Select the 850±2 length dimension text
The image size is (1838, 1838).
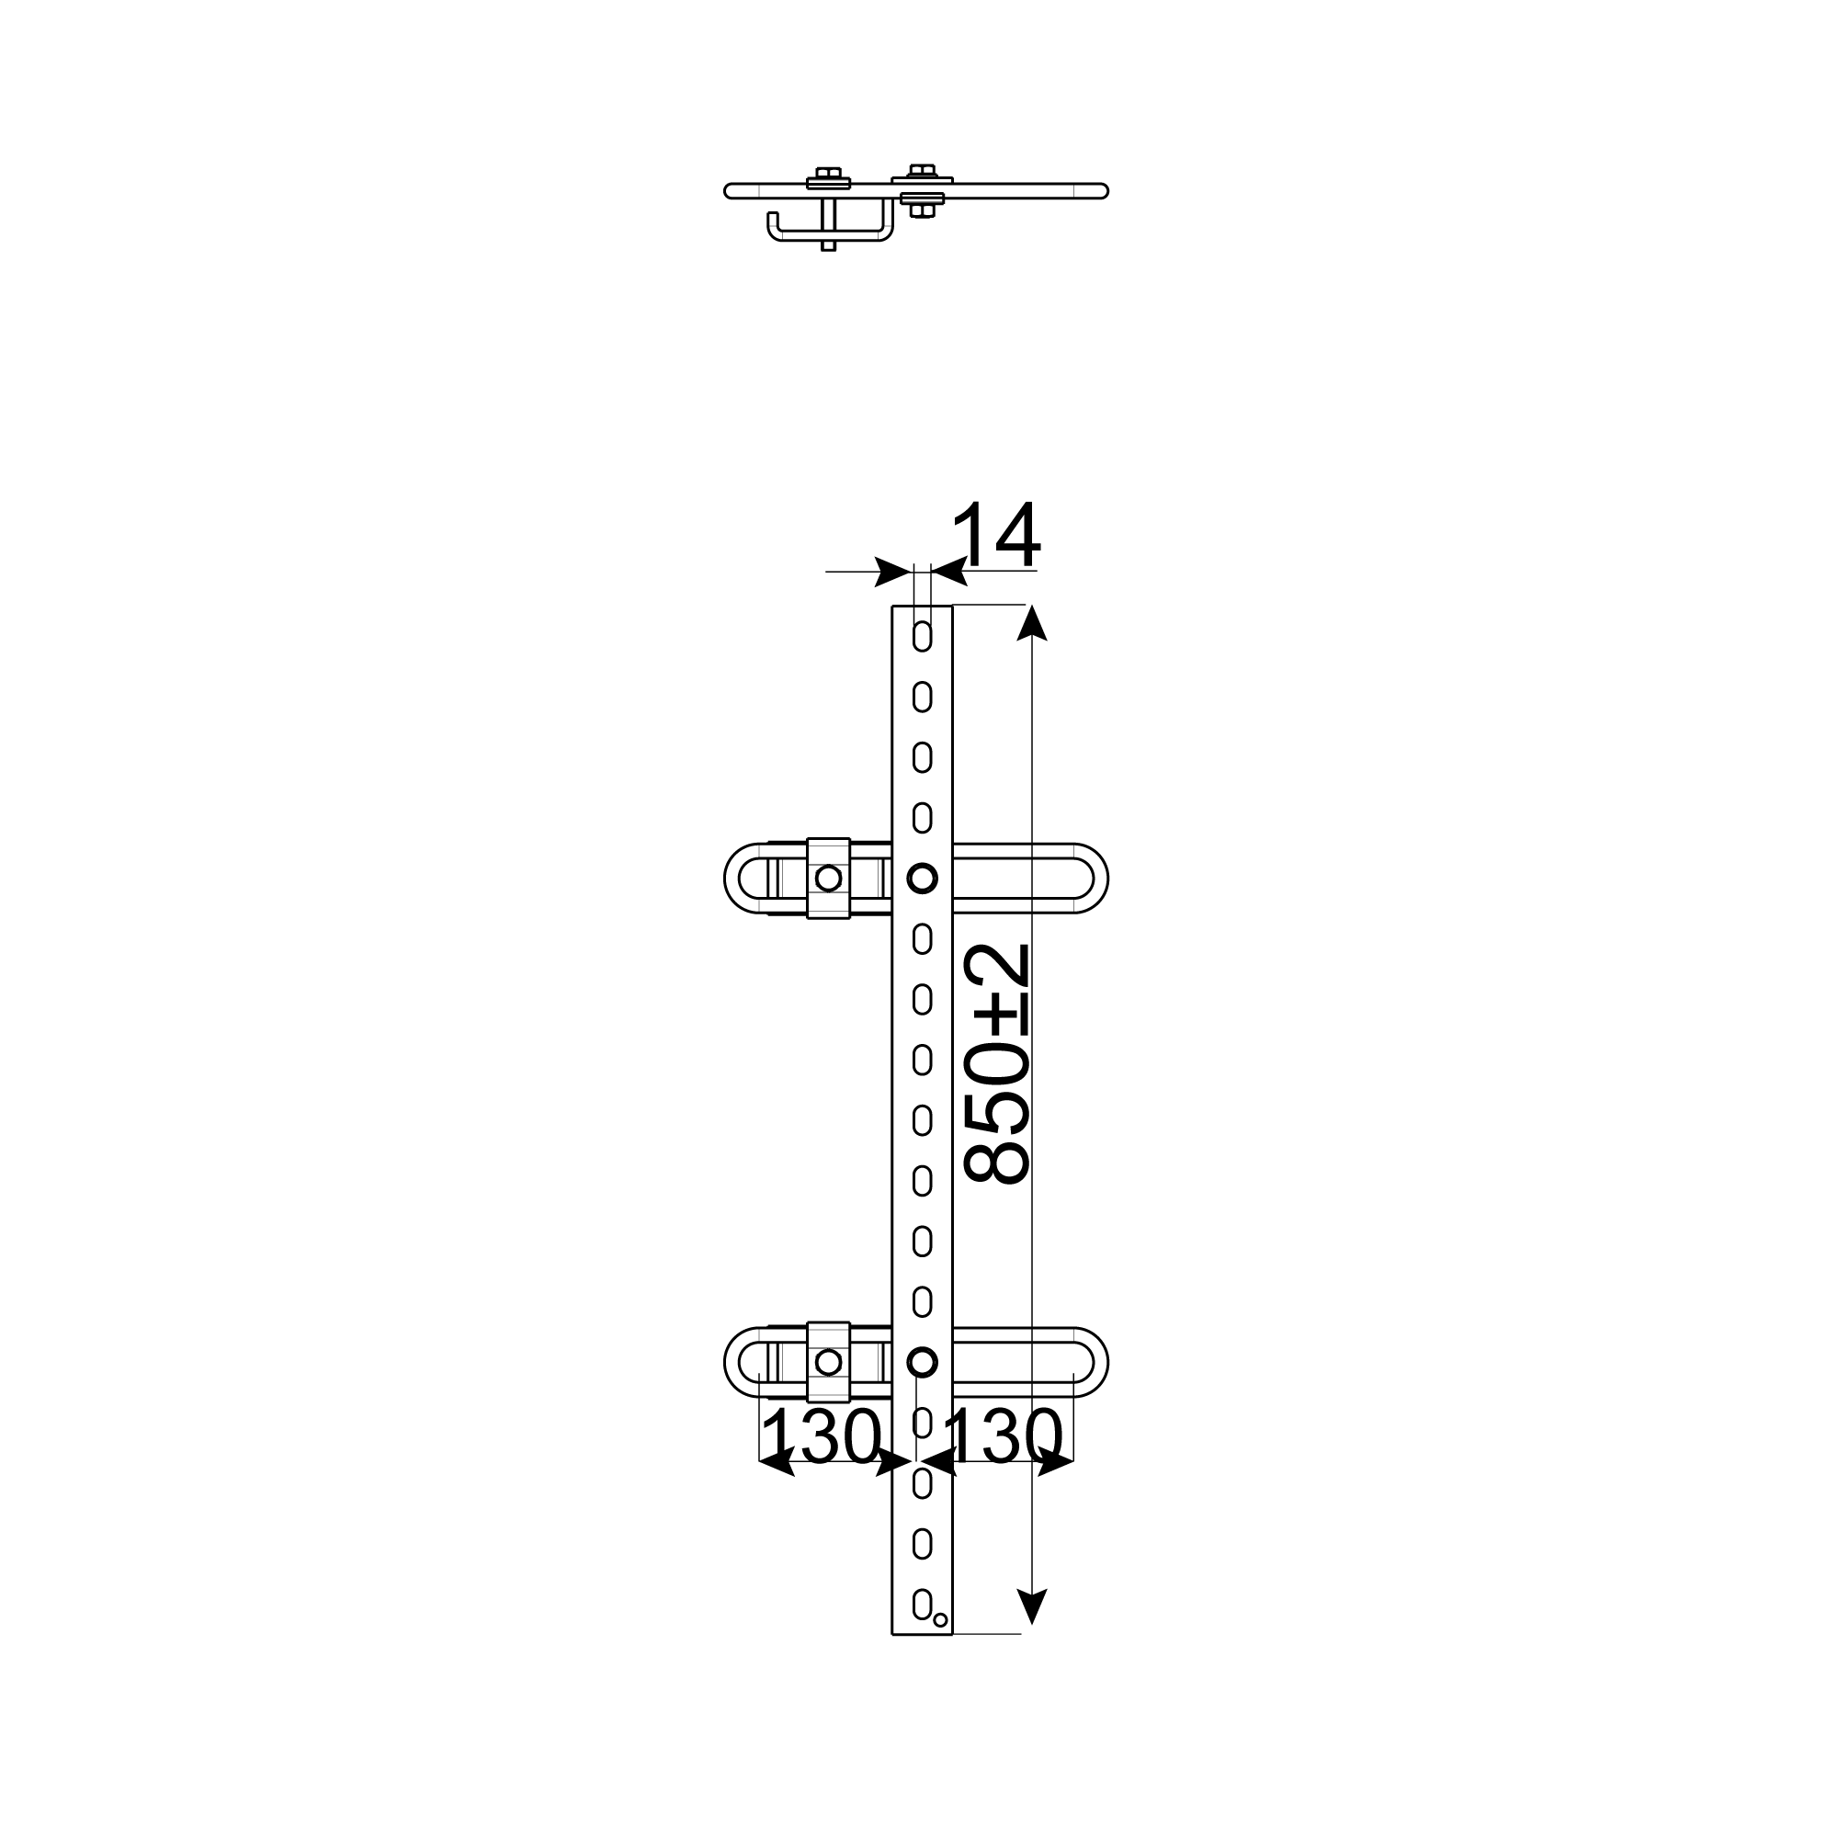[x=997, y=1063]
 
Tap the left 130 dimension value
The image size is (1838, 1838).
[x=820, y=1436]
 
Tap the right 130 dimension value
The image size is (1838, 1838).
[x=1003, y=1436]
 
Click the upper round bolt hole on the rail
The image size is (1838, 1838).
[x=922, y=877]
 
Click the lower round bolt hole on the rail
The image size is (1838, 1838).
[x=922, y=1362]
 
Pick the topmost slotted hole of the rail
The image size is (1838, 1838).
[x=922, y=637]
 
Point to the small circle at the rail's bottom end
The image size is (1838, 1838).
[x=940, y=1620]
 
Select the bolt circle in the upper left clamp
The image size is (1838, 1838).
[x=829, y=878]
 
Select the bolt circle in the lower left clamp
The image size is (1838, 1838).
[x=829, y=1362]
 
